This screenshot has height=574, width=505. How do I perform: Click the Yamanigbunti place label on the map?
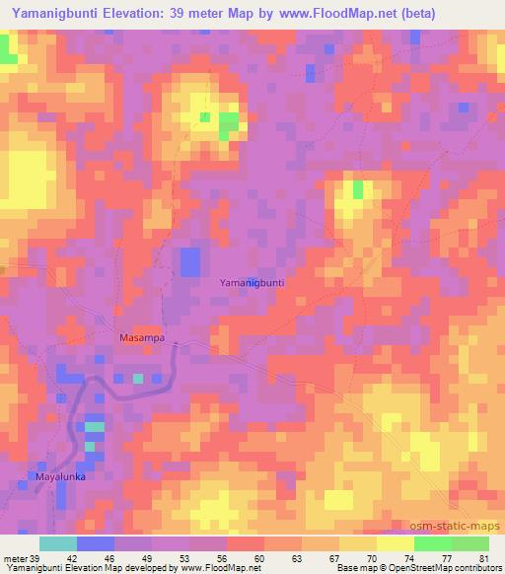pyautogui.click(x=252, y=282)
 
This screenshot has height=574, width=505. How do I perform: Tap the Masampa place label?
pyautogui.click(x=140, y=337)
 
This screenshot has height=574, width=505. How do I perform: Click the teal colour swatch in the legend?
pyautogui.click(x=58, y=543)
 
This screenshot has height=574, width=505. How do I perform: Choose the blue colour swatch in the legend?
pyautogui.click(x=96, y=543)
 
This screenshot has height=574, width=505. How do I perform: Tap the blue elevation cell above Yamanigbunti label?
pyautogui.click(x=189, y=261)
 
